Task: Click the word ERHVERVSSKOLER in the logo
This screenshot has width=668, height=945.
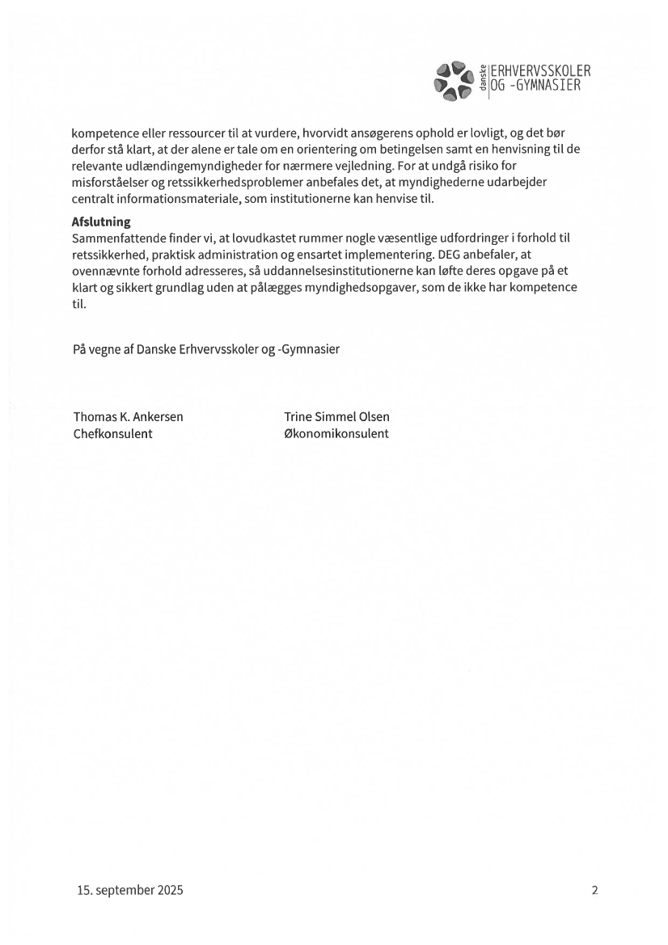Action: [540, 71]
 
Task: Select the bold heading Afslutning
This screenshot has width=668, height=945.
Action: [101, 221]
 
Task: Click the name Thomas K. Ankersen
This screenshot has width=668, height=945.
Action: [129, 417]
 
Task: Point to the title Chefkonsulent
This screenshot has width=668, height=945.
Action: [113, 433]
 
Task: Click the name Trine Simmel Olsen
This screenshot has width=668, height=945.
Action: [336, 417]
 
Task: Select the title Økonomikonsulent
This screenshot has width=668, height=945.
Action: [336, 433]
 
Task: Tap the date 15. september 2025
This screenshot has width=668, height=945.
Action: [130, 891]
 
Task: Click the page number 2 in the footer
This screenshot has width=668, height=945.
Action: [595, 891]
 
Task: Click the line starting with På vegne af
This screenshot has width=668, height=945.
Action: [206, 349]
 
